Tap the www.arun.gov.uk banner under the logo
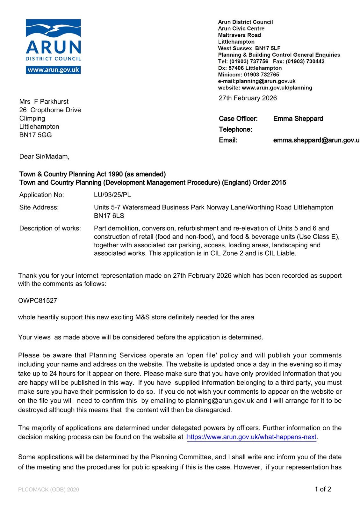tap(53, 70)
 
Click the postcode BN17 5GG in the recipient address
tap(35, 135)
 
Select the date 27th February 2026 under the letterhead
tap(248, 98)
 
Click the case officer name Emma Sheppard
tap(298, 119)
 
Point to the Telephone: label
tap(235, 129)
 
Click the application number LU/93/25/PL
tap(112, 195)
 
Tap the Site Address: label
tap(39, 207)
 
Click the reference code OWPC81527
tap(38, 300)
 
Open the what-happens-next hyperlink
tap(252, 437)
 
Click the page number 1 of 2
tap(323, 489)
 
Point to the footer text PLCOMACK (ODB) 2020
tap(48, 490)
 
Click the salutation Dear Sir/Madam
tap(44, 157)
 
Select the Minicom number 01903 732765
tap(261, 75)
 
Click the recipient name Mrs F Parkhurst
tap(44, 101)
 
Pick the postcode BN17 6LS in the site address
tap(109, 216)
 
